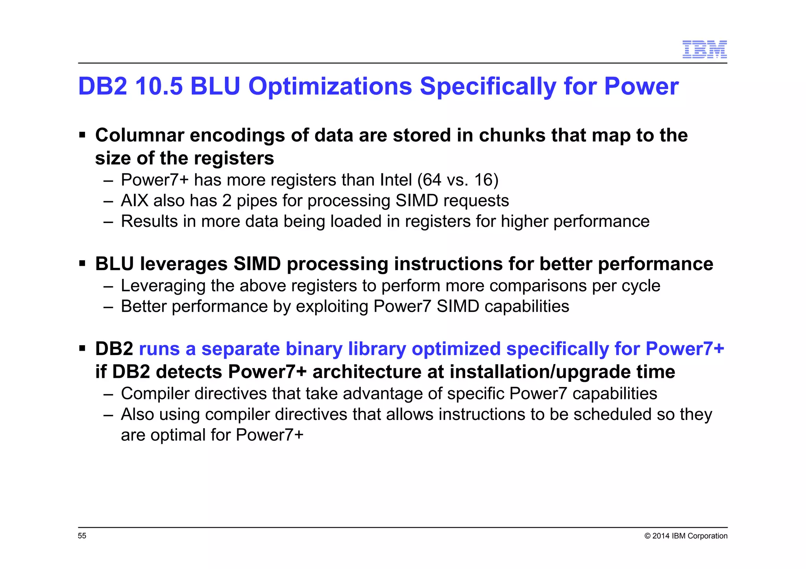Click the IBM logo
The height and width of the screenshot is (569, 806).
pyautogui.click(x=704, y=50)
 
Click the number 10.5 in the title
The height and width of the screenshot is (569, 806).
pyautogui.click(x=159, y=86)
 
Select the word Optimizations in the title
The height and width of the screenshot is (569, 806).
pyautogui.click(x=330, y=86)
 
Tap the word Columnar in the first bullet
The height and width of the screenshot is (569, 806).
pyautogui.click(x=139, y=135)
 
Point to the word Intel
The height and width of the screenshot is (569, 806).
pyautogui.click(x=396, y=180)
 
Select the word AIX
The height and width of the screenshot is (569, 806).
pyautogui.click(x=134, y=201)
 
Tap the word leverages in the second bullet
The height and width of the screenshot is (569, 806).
pyautogui.click(x=184, y=264)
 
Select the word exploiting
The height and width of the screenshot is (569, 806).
pyautogui.click(x=332, y=306)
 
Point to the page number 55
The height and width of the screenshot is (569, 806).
pyautogui.click(x=82, y=536)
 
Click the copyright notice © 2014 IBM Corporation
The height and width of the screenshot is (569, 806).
pyautogui.click(x=686, y=536)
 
